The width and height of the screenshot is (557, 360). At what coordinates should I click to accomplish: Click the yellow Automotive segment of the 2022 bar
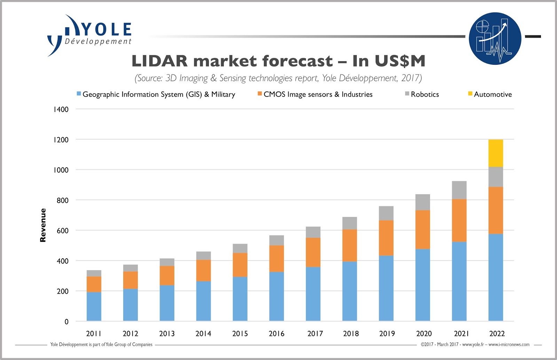click(x=495, y=153)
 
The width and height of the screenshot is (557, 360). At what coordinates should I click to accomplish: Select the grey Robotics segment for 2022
click(x=495, y=177)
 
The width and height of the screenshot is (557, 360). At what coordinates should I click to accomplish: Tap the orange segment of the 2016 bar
click(x=276, y=258)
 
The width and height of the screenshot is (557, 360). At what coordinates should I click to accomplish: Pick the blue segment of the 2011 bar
click(x=94, y=306)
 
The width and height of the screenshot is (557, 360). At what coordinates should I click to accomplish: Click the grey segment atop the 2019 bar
click(x=386, y=213)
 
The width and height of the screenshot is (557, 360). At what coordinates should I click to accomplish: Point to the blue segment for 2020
click(x=423, y=285)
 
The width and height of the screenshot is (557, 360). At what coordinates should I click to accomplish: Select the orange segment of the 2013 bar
click(x=167, y=275)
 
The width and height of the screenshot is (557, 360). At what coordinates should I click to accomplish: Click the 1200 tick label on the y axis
click(x=61, y=140)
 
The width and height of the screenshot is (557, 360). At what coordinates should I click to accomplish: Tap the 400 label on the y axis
click(x=63, y=261)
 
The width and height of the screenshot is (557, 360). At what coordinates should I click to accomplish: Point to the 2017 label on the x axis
click(x=315, y=334)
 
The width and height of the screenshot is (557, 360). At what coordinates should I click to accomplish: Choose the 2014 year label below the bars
click(x=203, y=334)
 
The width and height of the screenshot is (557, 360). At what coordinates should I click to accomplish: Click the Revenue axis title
click(x=43, y=225)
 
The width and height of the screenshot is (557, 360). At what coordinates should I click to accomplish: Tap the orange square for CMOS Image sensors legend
click(x=260, y=94)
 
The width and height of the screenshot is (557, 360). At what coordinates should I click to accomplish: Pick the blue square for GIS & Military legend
click(x=79, y=94)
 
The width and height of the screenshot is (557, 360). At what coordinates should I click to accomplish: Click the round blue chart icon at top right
click(x=495, y=38)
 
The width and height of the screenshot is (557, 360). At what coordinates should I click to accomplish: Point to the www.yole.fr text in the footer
click(x=473, y=344)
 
